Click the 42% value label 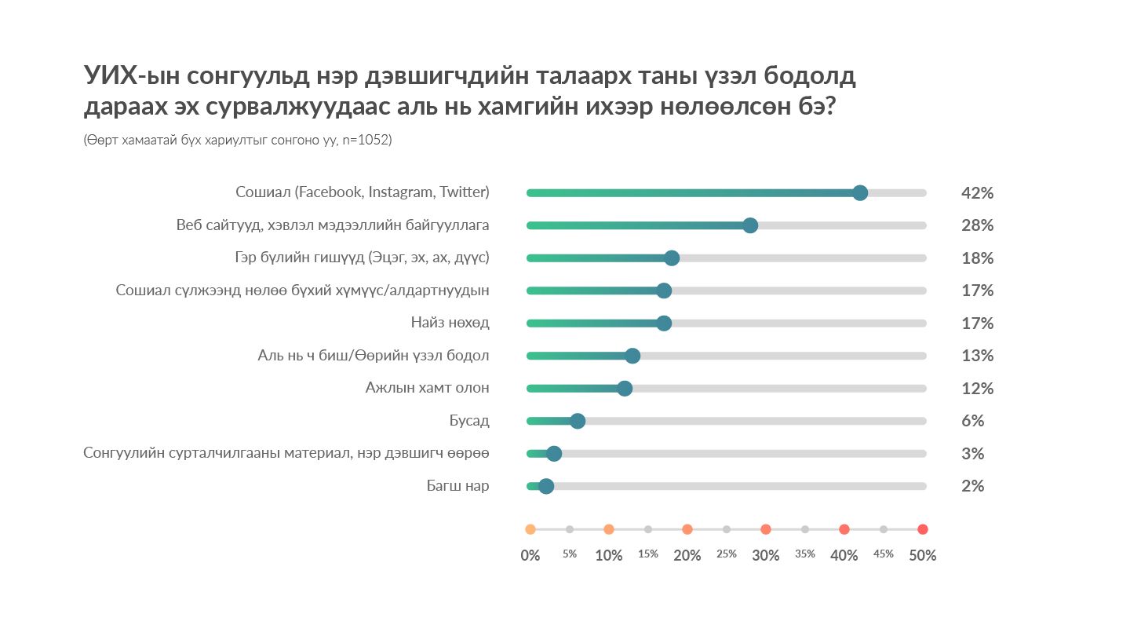pos(977,193)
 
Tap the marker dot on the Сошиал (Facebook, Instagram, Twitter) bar pos(860,193)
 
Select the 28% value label pos(977,225)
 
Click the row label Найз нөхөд pos(450,323)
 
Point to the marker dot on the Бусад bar pos(578,421)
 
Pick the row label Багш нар pos(457,486)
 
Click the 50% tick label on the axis pos(922,555)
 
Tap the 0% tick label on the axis pos(530,555)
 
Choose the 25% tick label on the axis pos(727,554)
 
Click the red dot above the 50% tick pos(923,529)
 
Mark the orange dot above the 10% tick pos(609,529)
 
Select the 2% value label pos(972,486)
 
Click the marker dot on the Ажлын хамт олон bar pos(625,388)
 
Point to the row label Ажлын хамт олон pos(427,388)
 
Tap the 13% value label pos(977,356)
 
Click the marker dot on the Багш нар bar pos(546,486)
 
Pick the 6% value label pos(972,421)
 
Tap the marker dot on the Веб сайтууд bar pos(750,225)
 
